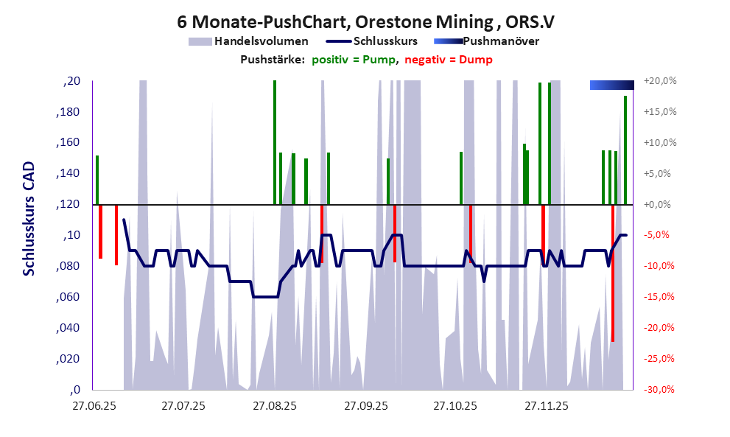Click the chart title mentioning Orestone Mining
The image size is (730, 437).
365,19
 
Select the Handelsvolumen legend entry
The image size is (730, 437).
248,41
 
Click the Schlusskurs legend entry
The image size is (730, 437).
376,41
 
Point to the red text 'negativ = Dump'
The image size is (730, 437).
449,60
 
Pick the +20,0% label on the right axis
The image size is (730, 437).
660,81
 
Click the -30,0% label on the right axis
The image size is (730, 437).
660,390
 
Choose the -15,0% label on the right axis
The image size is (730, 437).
660,297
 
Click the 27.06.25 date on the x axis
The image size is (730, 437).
94,406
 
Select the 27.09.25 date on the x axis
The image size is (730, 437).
365,406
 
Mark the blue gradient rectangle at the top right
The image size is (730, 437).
611,85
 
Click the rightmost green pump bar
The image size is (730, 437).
625,150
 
